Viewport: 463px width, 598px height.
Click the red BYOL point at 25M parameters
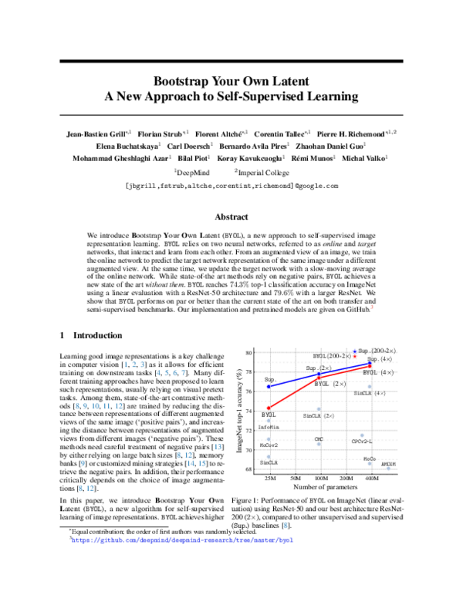click(269, 408)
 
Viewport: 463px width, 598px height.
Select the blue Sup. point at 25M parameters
click(269, 386)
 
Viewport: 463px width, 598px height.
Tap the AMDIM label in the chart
click(388, 465)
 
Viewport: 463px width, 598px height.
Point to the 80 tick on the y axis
click(250, 352)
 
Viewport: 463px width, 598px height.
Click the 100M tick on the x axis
click(319, 478)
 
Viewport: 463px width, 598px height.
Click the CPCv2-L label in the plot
click(362, 441)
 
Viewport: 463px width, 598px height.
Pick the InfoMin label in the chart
click(269, 426)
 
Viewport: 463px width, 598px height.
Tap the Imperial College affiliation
click(261, 172)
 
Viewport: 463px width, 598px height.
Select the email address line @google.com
click(231, 186)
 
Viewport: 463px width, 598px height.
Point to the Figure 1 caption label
click(247, 500)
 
